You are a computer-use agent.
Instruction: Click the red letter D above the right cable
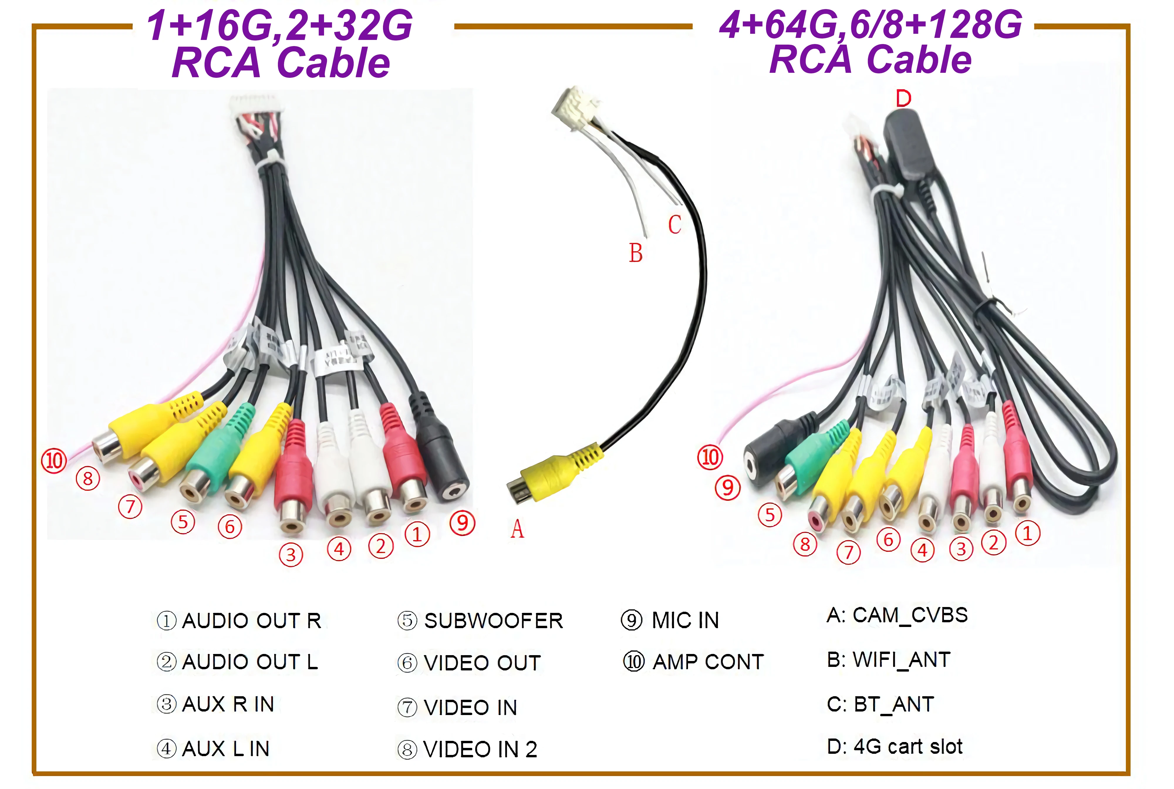[x=903, y=99]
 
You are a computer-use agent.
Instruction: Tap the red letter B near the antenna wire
[x=636, y=253]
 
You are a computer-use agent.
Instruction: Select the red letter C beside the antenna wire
[x=674, y=225]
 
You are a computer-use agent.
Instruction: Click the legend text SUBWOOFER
[x=493, y=621]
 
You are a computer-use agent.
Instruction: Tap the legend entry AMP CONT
[x=708, y=662]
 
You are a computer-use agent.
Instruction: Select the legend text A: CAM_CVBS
[x=897, y=615]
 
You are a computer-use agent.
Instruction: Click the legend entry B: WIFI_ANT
[x=889, y=660]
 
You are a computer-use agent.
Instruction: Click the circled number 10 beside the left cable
[x=54, y=461]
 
